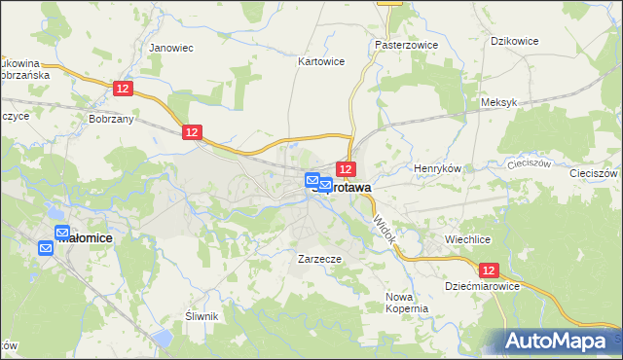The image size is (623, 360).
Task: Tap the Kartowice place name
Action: [320, 60]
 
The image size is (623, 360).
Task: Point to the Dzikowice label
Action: [516, 41]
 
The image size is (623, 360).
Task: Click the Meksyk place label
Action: [497, 101]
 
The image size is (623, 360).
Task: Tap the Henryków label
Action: [437, 168]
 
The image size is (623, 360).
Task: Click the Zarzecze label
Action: [318, 260]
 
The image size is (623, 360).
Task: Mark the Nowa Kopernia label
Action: [407, 303]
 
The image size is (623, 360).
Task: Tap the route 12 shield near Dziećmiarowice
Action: [489, 270]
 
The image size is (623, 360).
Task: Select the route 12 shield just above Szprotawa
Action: [346, 169]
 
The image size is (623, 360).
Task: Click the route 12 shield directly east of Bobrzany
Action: [192, 131]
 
